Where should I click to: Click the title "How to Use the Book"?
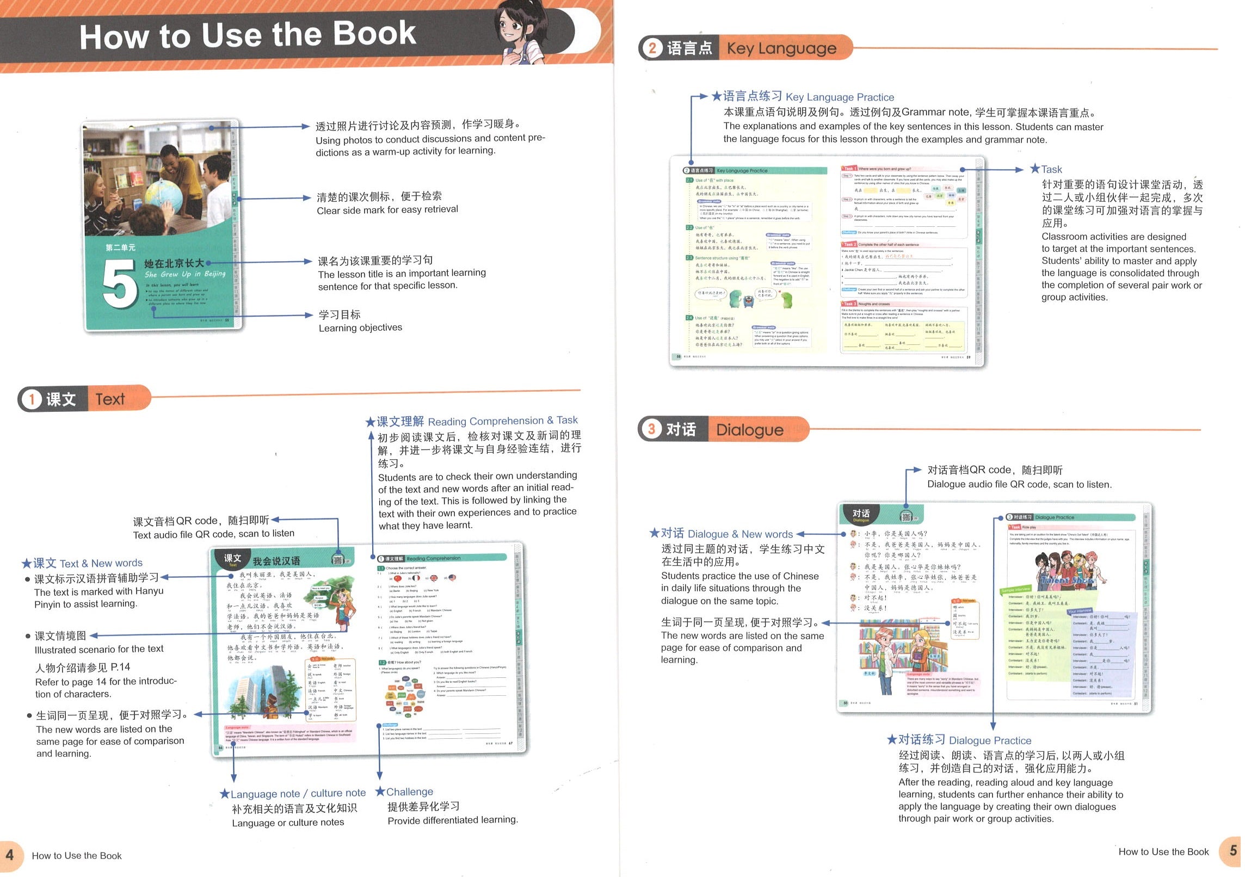(x=248, y=35)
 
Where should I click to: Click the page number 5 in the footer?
(x=1233, y=850)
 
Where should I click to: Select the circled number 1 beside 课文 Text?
(x=32, y=399)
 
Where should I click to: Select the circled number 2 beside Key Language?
(x=652, y=48)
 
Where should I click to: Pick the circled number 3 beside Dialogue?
(x=651, y=429)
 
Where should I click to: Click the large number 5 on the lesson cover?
(x=119, y=282)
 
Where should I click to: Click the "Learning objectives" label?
(x=360, y=328)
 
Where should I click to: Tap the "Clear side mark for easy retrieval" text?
(x=387, y=210)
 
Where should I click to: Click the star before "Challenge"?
(x=380, y=792)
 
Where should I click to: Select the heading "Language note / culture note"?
(x=298, y=794)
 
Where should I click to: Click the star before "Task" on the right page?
(x=1034, y=169)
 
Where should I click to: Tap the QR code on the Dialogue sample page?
(x=906, y=516)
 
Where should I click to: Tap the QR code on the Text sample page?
(x=338, y=560)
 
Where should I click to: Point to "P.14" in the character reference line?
(x=120, y=667)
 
